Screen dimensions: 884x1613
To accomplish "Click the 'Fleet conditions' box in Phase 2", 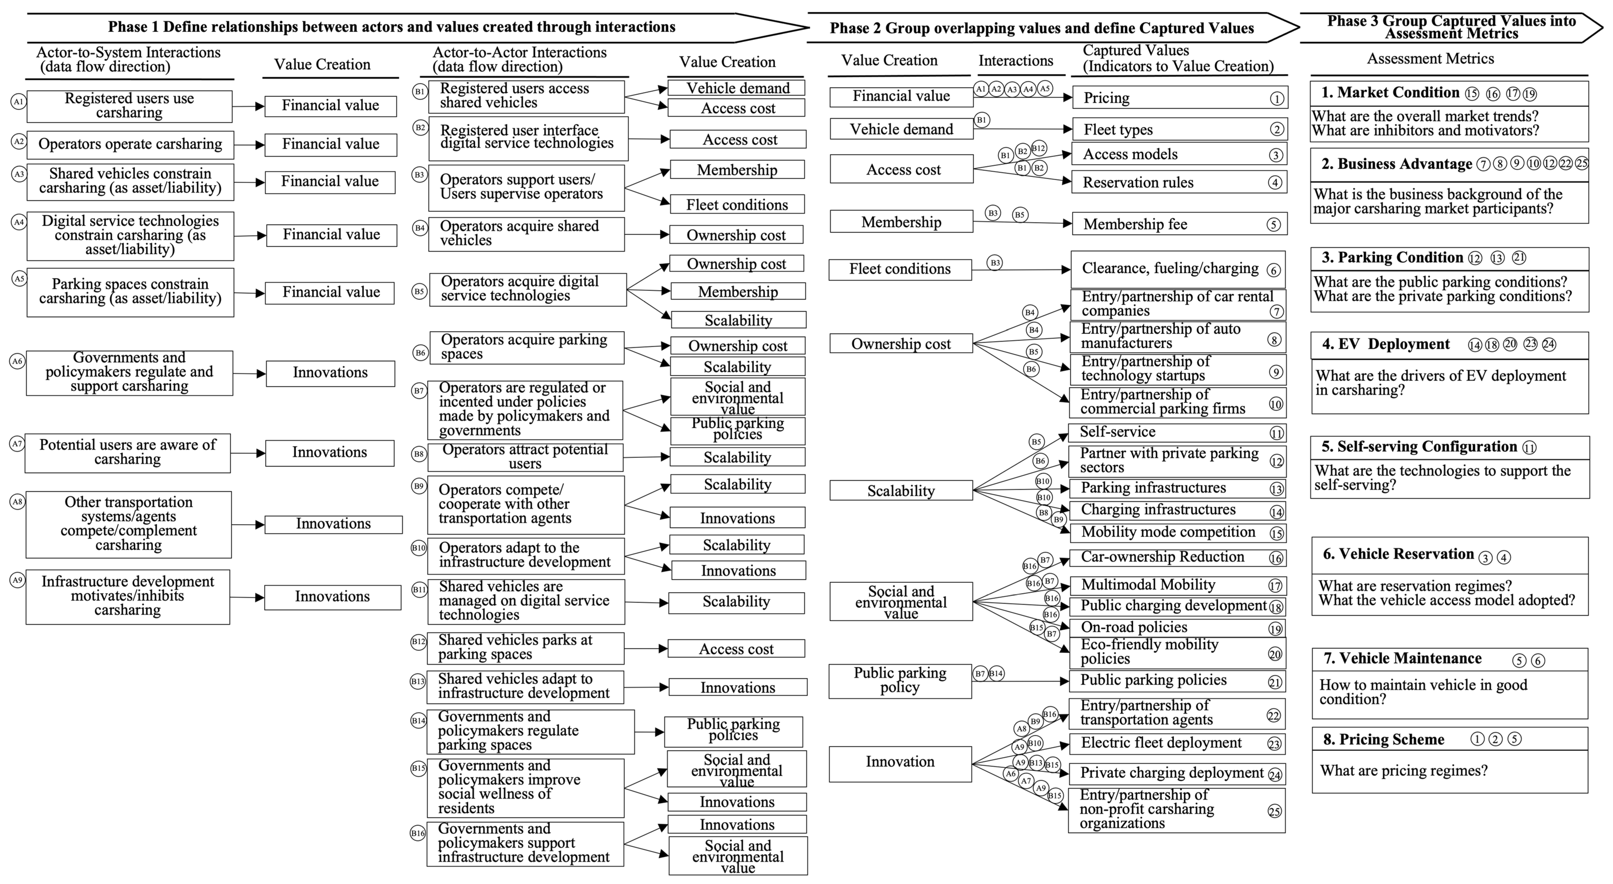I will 900,269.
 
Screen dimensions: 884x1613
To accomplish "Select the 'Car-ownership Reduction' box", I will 1177,557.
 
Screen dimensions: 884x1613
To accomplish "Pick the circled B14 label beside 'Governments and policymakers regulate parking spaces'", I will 418,721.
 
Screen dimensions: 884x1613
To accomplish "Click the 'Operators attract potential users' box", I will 525,457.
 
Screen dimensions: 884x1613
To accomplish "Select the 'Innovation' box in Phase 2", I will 900,762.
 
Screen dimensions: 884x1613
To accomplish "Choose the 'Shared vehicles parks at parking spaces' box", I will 525,648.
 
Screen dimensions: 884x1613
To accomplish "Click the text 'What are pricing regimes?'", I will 1403,771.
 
